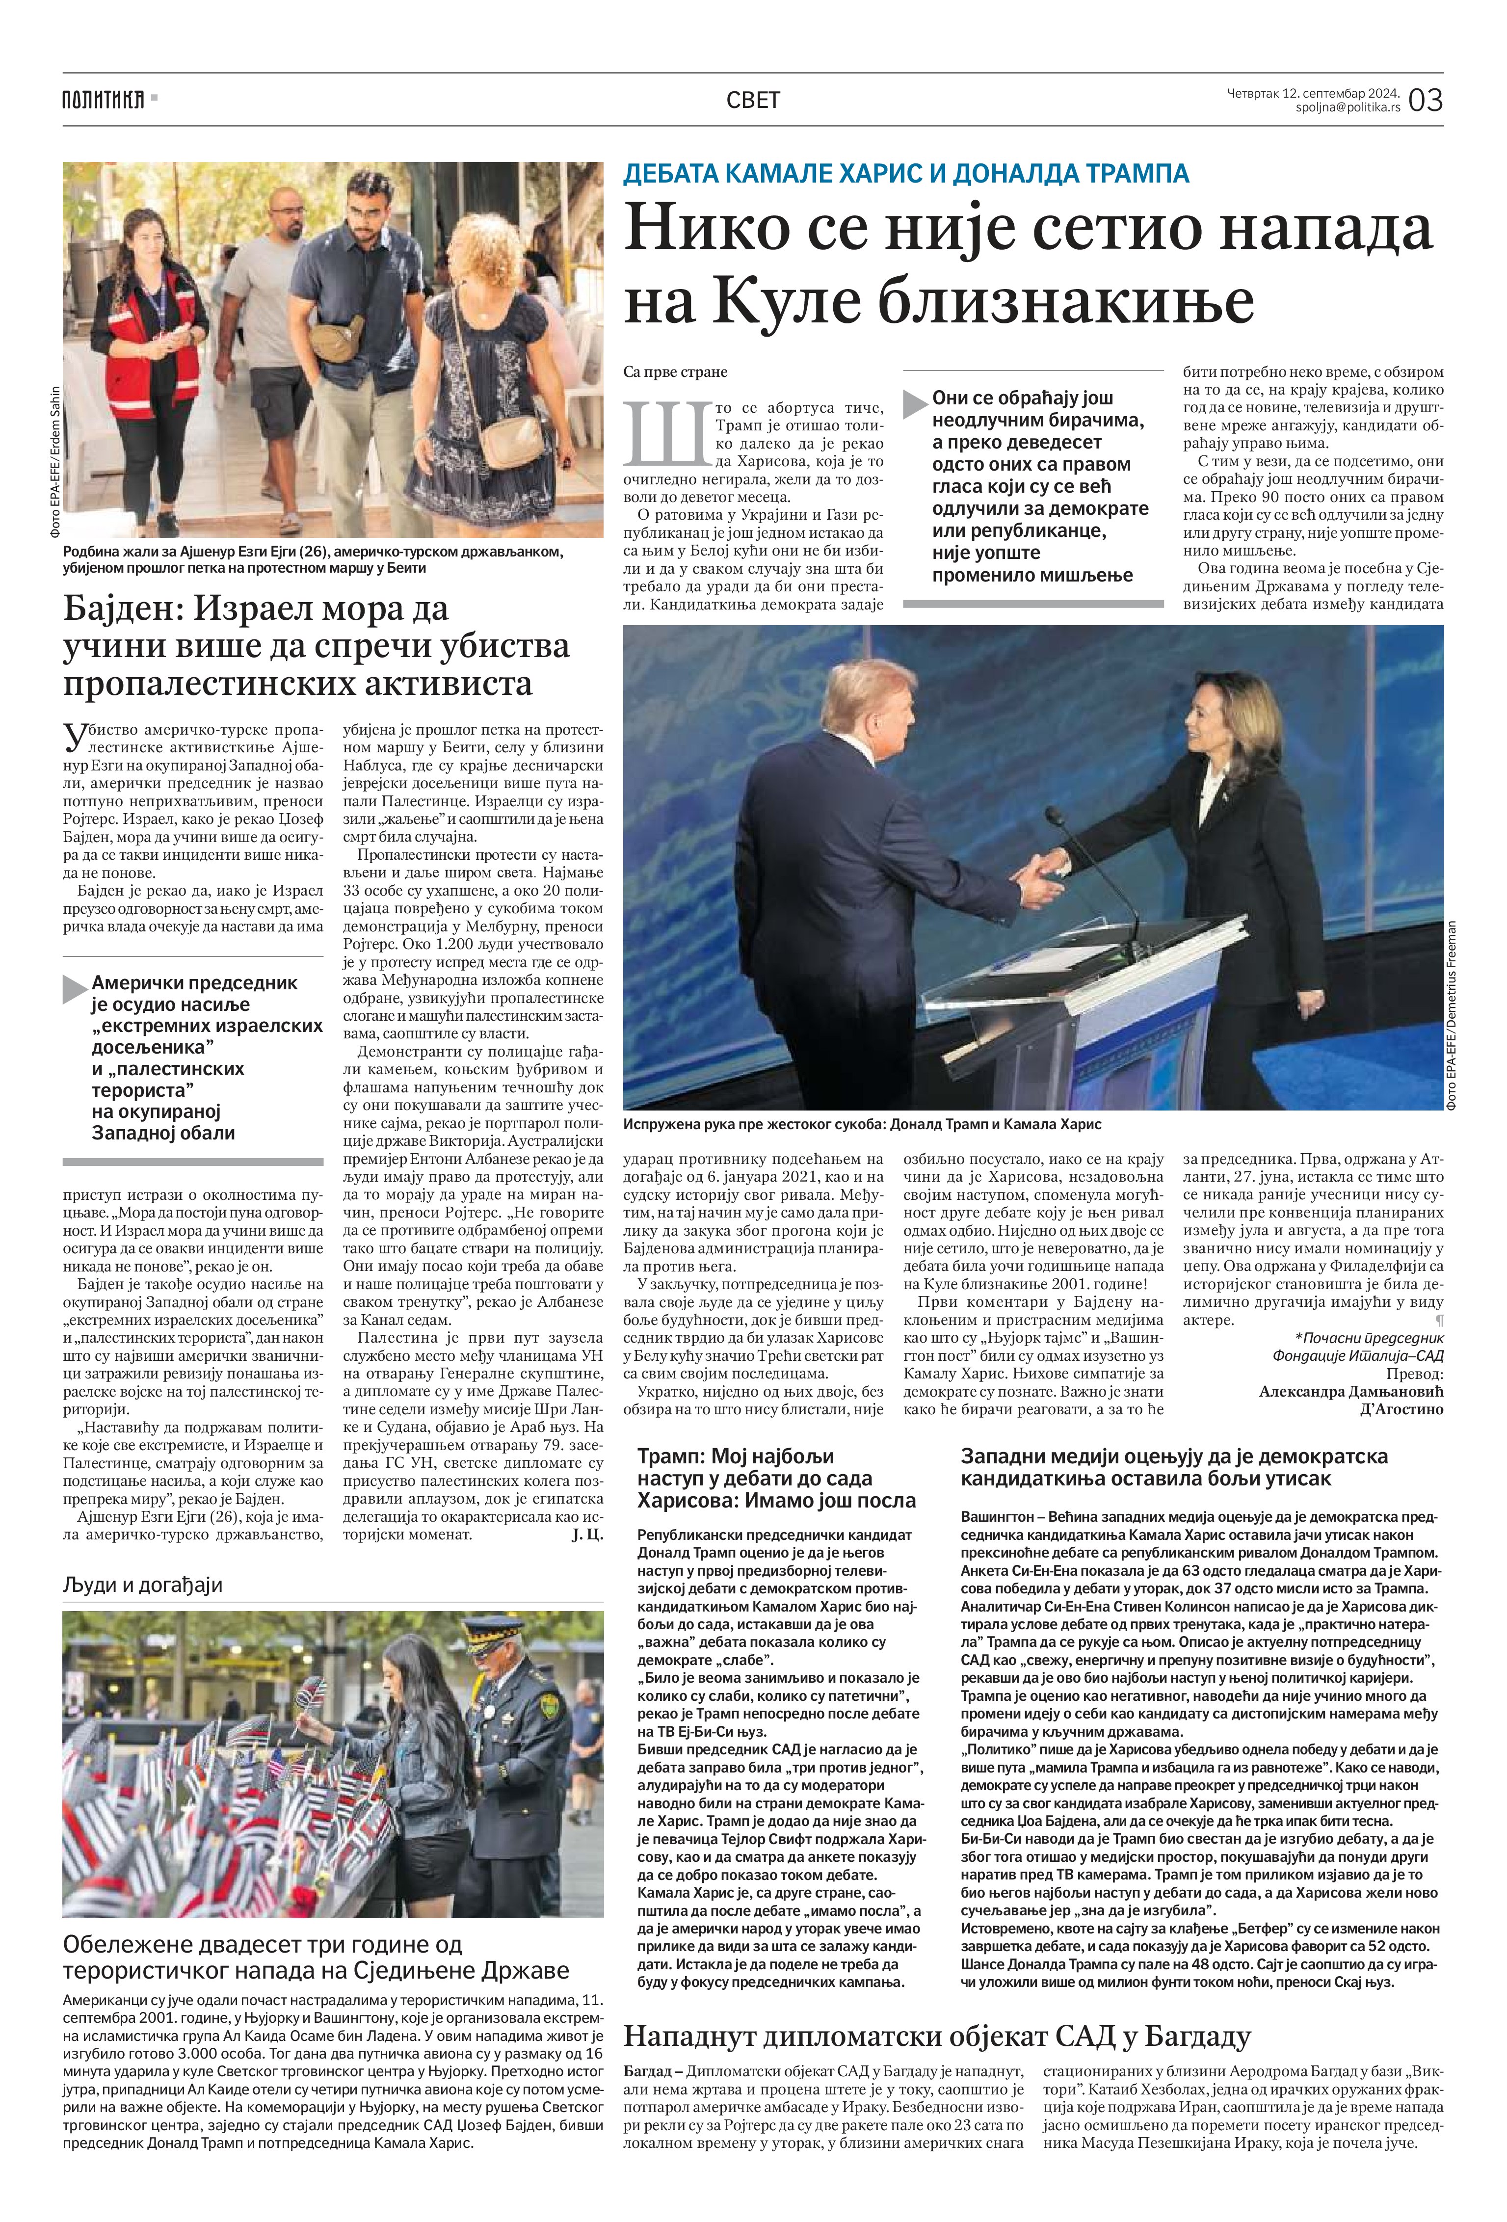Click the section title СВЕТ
coord(753,100)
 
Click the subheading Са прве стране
coord(675,371)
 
